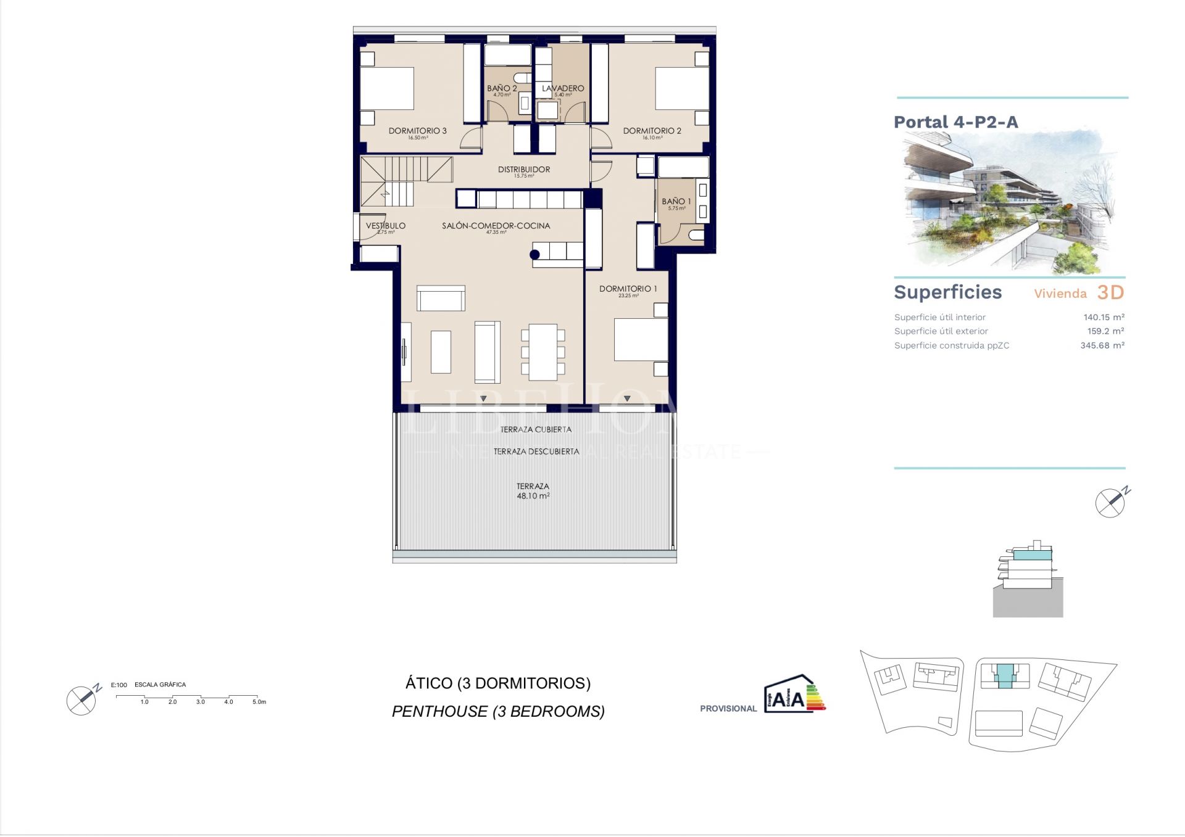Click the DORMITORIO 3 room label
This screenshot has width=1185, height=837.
click(417, 131)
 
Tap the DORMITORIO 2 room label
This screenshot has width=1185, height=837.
click(652, 131)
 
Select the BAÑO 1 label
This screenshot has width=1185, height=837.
click(676, 201)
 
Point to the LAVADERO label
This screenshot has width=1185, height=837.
click(562, 88)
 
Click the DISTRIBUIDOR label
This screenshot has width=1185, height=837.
click(524, 169)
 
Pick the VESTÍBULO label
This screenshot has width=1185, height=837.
click(385, 226)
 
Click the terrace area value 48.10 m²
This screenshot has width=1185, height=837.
click(533, 496)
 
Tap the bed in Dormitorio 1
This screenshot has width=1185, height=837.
click(641, 339)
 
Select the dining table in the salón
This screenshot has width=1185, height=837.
click(543, 352)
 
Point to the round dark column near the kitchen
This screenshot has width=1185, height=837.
click(534, 254)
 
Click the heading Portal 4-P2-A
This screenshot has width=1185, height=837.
click(955, 122)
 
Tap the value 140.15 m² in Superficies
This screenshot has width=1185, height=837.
click(1104, 317)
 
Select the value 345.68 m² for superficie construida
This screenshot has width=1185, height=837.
click(1102, 345)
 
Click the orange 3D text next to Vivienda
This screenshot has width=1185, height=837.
click(1110, 292)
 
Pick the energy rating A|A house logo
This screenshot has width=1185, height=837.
click(794, 695)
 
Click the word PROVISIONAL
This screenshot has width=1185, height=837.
click(728, 709)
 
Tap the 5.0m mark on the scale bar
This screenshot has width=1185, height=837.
click(259, 701)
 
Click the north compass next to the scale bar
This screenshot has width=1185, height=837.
click(83, 699)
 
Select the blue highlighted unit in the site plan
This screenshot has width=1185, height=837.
click(1005, 675)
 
